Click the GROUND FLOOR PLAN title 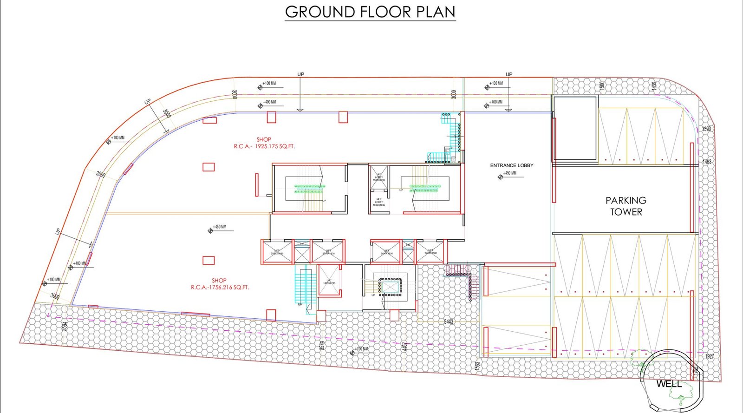[370, 12]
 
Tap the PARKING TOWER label [626, 206]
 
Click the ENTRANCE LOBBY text [512, 165]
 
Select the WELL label [669, 384]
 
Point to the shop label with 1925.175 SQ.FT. [264, 143]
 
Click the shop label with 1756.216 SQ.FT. [220, 284]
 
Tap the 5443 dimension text [449, 321]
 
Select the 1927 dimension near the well [709, 356]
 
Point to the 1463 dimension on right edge [707, 162]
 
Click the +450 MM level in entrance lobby [509, 173]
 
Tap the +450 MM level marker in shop [219, 227]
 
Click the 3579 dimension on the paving [322, 346]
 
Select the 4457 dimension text [405, 347]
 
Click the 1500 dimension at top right [602, 86]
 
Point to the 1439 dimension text [654, 86]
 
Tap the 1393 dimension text [706, 129]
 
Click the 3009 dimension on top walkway [454, 94]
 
